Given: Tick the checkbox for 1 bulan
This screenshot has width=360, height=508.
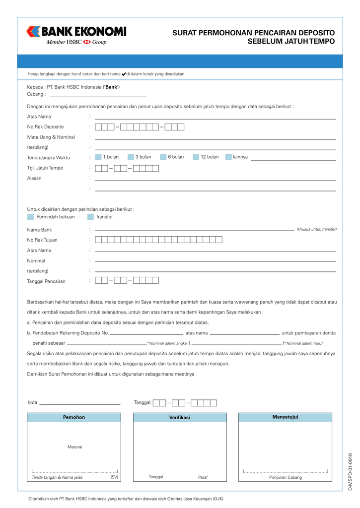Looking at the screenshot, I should pyautogui.click(x=98, y=157).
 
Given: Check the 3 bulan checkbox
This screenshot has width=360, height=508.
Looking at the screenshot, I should pyautogui.click(x=131, y=157).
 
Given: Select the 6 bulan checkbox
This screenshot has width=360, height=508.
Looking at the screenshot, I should pyautogui.click(x=163, y=157).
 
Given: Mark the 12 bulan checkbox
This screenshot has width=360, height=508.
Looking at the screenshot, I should pyautogui.click(x=196, y=157).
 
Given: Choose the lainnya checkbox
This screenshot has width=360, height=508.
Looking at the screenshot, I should pyautogui.click(x=228, y=157).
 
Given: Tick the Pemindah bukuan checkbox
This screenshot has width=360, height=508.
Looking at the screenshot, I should pyautogui.click(x=31, y=217).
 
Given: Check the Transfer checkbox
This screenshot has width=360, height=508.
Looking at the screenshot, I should pyautogui.click(x=90, y=217).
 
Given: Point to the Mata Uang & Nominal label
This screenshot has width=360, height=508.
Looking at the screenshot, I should pyautogui.click(x=51, y=137).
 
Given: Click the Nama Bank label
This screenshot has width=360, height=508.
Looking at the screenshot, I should pyautogui.click(x=39, y=230).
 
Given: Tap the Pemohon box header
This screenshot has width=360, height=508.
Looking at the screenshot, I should pyautogui.click(x=73, y=417).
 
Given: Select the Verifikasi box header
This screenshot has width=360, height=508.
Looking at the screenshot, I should pyautogui.click(x=180, y=418).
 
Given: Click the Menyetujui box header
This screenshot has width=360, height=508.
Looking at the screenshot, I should pyautogui.click(x=285, y=417).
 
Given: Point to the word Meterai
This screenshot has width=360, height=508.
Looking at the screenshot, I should pyautogui.click(x=74, y=447).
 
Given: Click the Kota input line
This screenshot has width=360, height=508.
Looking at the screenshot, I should pyautogui.click(x=79, y=403).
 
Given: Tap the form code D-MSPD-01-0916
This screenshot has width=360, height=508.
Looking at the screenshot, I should pyautogui.click(x=350, y=471).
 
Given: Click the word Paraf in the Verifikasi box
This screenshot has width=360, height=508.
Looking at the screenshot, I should pyautogui.click(x=203, y=477).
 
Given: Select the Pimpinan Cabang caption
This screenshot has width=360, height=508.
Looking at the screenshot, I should pyautogui.click(x=286, y=478).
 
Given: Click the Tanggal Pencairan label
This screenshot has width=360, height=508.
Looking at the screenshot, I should pyautogui.click(x=46, y=281).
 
